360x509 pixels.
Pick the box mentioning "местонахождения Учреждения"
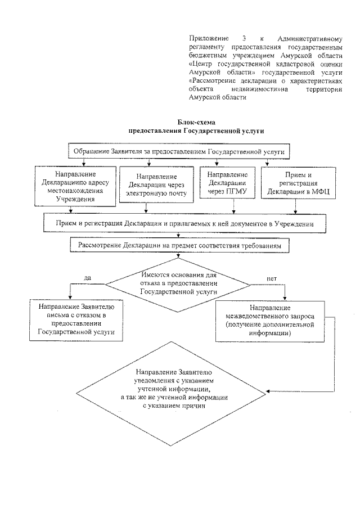[74, 184]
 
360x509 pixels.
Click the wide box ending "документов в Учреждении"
[184, 223]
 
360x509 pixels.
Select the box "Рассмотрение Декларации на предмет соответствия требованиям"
[180, 246]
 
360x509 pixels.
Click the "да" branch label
[87, 278]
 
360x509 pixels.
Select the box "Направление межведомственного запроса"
[270, 321]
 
